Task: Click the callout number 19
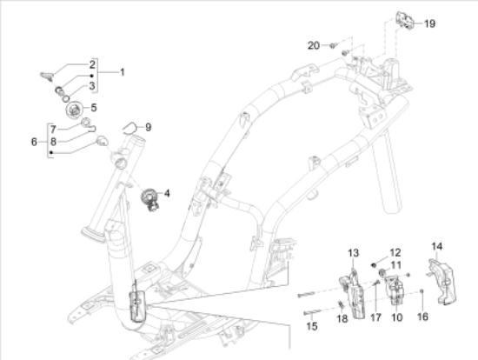click(428, 24)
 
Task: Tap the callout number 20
click(315, 44)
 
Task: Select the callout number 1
click(123, 71)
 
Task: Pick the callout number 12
click(395, 252)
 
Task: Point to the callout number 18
click(341, 320)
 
